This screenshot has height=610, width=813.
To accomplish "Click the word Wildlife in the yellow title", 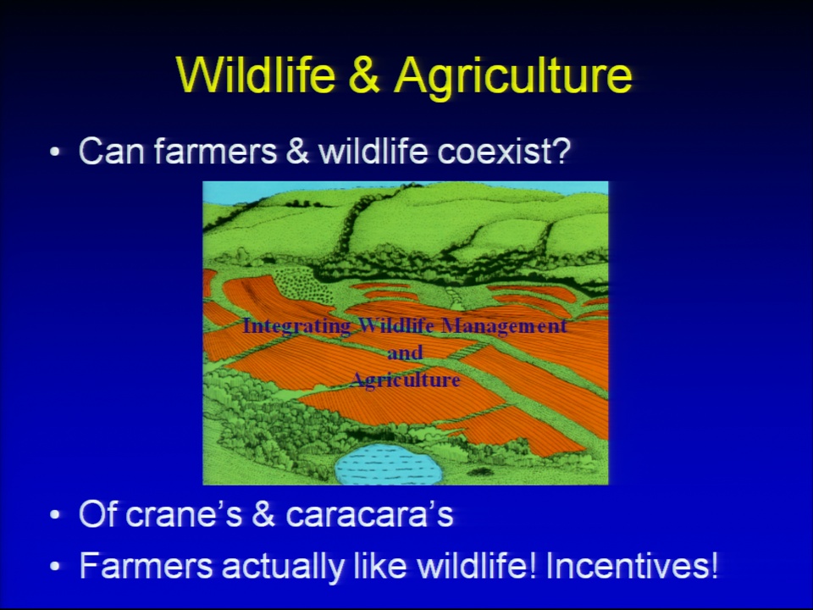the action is (x=255, y=75).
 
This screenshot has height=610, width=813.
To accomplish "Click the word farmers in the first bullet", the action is (x=215, y=151).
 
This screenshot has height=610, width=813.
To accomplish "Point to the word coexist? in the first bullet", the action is (x=504, y=151).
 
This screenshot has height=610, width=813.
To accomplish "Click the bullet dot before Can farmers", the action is (x=55, y=152).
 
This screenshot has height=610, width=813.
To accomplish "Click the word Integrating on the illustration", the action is (x=296, y=326).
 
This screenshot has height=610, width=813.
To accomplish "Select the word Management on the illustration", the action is (x=503, y=325).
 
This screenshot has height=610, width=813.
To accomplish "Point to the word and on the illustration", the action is (x=405, y=352).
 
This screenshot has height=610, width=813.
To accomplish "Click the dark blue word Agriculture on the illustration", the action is (x=405, y=380).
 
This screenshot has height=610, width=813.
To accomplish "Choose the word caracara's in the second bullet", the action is (x=370, y=514).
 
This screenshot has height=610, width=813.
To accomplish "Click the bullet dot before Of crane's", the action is (x=55, y=515).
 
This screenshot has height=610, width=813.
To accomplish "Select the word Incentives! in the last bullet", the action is (x=632, y=565).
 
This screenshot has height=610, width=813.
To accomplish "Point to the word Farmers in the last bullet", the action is (x=146, y=565).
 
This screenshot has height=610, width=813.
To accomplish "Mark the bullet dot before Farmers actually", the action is (x=55, y=566).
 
